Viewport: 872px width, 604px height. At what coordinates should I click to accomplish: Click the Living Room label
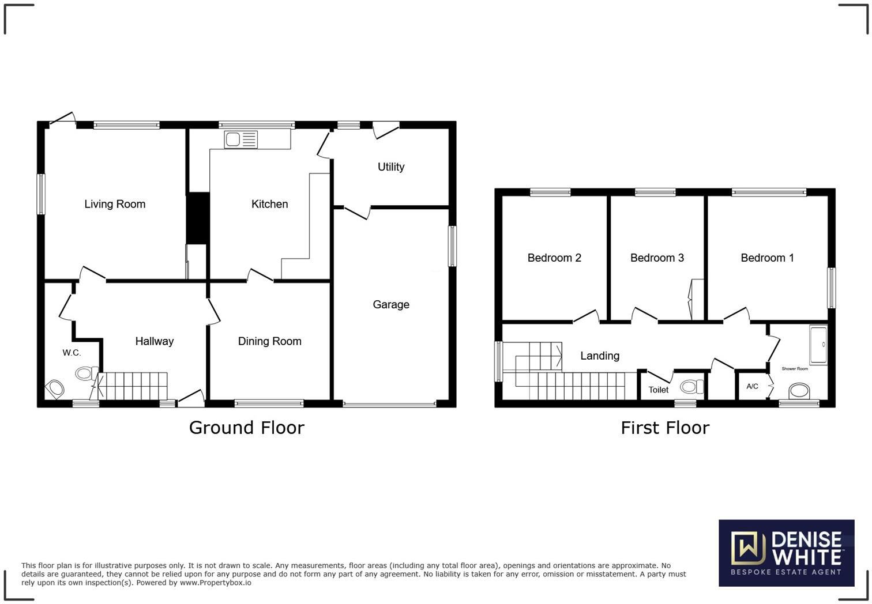pos(115,204)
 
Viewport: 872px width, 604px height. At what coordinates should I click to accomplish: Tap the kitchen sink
pos(241,139)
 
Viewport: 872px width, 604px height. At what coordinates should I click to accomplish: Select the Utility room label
pos(391,167)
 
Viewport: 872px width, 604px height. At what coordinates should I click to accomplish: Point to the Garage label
pos(391,304)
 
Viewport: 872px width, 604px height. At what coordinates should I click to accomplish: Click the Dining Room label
pos(269,341)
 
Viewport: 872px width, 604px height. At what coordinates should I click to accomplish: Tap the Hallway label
pos(154,341)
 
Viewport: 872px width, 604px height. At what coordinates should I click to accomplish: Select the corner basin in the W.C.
pos(55,388)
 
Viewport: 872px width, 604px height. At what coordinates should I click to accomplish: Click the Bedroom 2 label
pos(554,258)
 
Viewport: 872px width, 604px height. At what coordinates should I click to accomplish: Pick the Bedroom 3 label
pos(657,258)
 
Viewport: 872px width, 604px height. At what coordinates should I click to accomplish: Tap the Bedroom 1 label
pos(767,258)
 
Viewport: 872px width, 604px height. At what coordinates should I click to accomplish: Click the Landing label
pos(600,356)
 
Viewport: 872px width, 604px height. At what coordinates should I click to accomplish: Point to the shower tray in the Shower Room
pos(818,345)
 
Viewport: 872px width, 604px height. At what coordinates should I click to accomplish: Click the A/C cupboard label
pos(752,386)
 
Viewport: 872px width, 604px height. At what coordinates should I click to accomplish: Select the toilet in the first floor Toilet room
pos(691,386)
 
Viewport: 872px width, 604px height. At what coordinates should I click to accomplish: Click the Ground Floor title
pos(246,428)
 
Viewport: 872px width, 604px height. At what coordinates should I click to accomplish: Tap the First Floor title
pos(664,428)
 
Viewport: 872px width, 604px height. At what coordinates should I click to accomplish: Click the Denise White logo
pos(786,553)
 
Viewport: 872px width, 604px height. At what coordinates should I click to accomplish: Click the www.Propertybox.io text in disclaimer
pos(215,583)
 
